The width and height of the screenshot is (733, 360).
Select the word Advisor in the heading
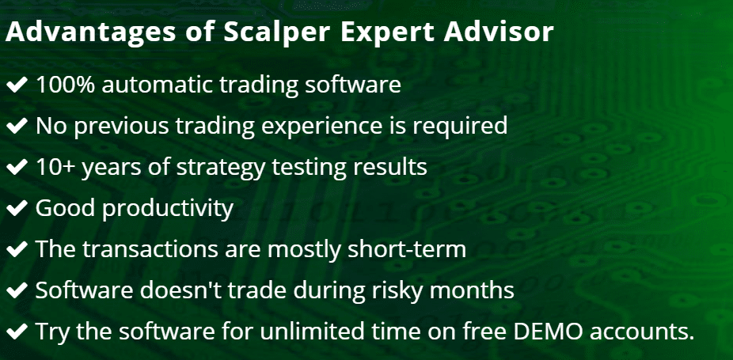click(500, 32)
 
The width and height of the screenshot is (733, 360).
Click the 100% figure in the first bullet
click(66, 85)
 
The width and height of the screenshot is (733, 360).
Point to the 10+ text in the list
click(55, 167)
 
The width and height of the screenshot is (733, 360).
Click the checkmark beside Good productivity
click(17, 209)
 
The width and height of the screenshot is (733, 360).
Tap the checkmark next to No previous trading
click(17, 127)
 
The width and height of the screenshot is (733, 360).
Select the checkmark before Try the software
click(17, 332)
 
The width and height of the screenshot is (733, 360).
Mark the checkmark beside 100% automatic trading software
click(17, 85)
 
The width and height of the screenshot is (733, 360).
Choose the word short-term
click(407, 249)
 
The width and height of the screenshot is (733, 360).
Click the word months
click(472, 290)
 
